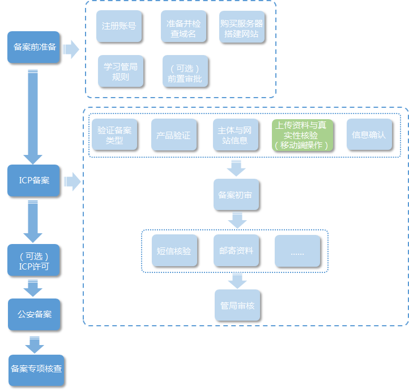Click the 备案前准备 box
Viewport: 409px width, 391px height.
click(x=33, y=47)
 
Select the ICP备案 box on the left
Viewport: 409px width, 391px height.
click(x=33, y=181)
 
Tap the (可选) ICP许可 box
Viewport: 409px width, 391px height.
click(x=33, y=260)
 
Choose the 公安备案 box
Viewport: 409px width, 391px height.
click(x=33, y=314)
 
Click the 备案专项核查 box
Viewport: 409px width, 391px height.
click(x=36, y=368)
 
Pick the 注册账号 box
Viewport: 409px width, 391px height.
click(x=118, y=26)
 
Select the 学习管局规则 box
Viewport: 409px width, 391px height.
click(x=120, y=71)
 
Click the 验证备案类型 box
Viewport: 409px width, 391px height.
click(x=114, y=134)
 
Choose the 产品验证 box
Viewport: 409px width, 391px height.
click(x=174, y=135)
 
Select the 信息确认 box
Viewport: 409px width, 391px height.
click(x=369, y=135)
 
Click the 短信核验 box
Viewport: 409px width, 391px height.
click(x=174, y=250)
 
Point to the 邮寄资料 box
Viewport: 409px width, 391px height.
click(x=236, y=250)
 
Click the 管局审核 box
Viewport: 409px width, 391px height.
click(x=237, y=305)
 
